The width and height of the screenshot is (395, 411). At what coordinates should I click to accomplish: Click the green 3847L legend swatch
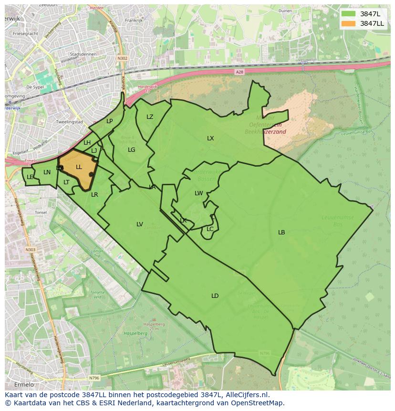point(348,13)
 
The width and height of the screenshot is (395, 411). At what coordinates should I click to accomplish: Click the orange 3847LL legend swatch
point(348,23)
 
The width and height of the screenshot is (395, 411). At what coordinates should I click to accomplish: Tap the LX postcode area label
point(210,138)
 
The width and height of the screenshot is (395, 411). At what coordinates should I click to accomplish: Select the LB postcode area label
point(281,232)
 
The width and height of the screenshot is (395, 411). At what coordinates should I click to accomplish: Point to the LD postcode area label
point(215,296)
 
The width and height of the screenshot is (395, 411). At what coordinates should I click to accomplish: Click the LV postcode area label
point(140,224)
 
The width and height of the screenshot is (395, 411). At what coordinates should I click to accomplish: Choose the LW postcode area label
point(199,193)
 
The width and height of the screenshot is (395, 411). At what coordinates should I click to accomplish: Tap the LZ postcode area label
point(150,117)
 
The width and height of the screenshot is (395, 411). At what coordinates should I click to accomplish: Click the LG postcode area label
point(132,150)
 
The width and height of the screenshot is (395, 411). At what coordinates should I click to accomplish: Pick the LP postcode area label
point(110,121)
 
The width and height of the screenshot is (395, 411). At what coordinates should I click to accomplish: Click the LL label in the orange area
point(79,167)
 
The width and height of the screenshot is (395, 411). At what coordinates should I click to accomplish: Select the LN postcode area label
point(47,172)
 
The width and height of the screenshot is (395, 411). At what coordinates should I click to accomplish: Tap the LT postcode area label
point(66,182)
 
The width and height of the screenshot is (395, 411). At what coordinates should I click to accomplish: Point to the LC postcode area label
point(210,229)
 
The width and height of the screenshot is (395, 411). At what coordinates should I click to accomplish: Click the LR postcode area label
point(94,195)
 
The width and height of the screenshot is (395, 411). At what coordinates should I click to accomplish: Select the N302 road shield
point(123,58)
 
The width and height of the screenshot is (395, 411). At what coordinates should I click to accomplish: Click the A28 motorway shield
point(239,72)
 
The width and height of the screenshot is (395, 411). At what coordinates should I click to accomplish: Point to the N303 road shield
point(30,250)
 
